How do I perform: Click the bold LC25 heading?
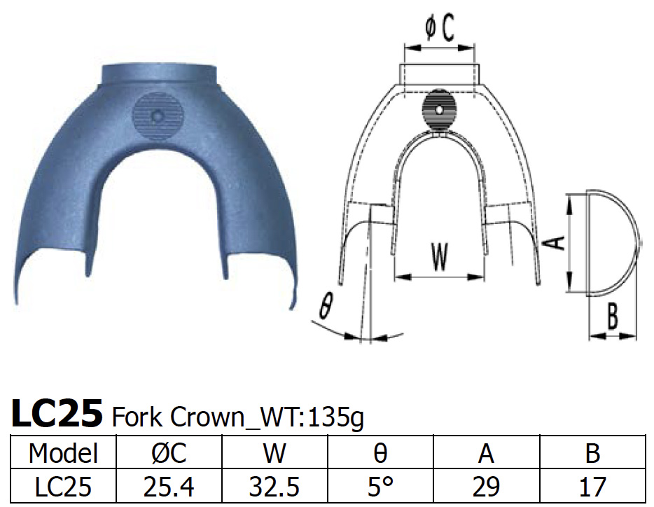pos(57,415)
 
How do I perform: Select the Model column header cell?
pos(63,453)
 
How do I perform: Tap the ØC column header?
pos(169,453)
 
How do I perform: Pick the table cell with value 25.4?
pos(169,486)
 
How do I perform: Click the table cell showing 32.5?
pos(274,486)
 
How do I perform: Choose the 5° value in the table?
pos(380,486)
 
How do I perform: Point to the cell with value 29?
pos(487,486)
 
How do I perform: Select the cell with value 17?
pos(592,486)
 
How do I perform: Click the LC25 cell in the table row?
pos(63,486)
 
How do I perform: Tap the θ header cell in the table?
pos(380,453)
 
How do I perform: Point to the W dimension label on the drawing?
pos(439,257)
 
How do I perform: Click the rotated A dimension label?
pos(554,243)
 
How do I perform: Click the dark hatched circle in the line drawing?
pos(440,111)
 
